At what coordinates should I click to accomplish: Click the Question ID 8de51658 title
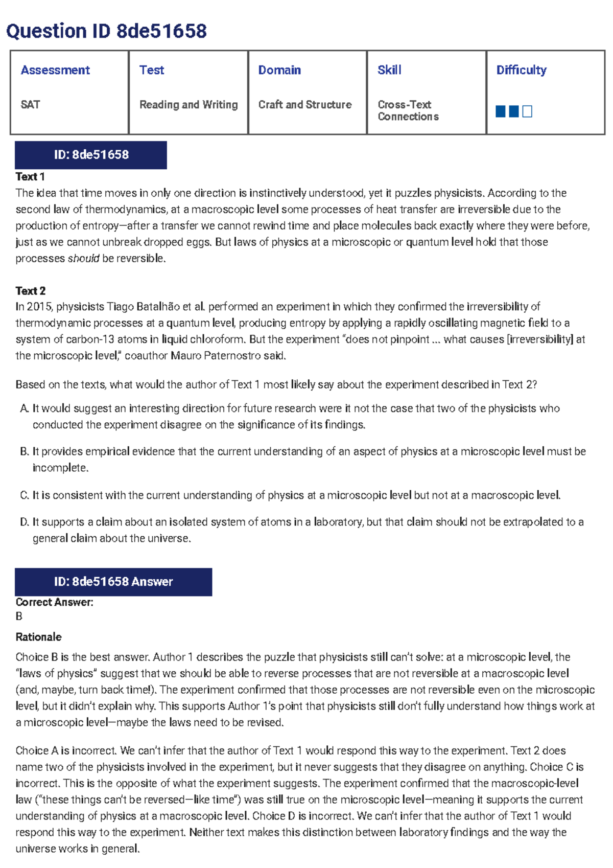tap(106, 31)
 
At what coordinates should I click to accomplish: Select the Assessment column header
tap(55, 70)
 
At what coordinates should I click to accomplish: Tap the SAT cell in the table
tap(30, 105)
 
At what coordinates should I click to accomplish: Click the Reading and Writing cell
tap(188, 105)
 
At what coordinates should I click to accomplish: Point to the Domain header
tap(279, 70)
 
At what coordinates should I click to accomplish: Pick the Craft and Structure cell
tap(305, 105)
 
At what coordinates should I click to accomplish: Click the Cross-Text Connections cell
tap(408, 110)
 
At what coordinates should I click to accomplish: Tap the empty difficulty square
tap(528, 111)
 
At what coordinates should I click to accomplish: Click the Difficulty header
tap(521, 70)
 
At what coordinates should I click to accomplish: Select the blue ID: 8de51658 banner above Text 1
tap(91, 155)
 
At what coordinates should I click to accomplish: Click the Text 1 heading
tap(30, 177)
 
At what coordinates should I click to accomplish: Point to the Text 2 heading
tap(31, 291)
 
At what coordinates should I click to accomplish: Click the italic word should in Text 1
tap(83, 259)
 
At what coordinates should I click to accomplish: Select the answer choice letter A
tap(24, 408)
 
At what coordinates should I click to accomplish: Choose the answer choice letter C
tap(24, 495)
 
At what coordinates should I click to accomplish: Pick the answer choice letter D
tap(24, 522)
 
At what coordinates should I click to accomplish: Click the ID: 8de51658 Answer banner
tap(113, 582)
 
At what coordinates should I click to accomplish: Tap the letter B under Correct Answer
tap(19, 616)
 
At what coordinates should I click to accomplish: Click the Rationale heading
tap(38, 637)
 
